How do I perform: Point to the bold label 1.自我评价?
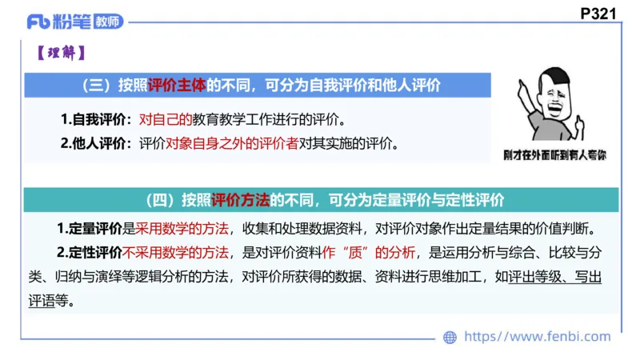pos(94,121)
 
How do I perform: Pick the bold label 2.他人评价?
pos(94,145)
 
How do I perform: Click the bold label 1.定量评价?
pos(89,229)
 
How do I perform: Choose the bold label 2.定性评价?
pos(89,254)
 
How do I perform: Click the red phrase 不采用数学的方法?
pos(175,254)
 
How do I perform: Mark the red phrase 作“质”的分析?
pos(370,254)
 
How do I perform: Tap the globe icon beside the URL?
pos(450,338)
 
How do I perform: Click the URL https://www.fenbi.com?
pos(538,338)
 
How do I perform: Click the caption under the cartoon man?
pos(554,154)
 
